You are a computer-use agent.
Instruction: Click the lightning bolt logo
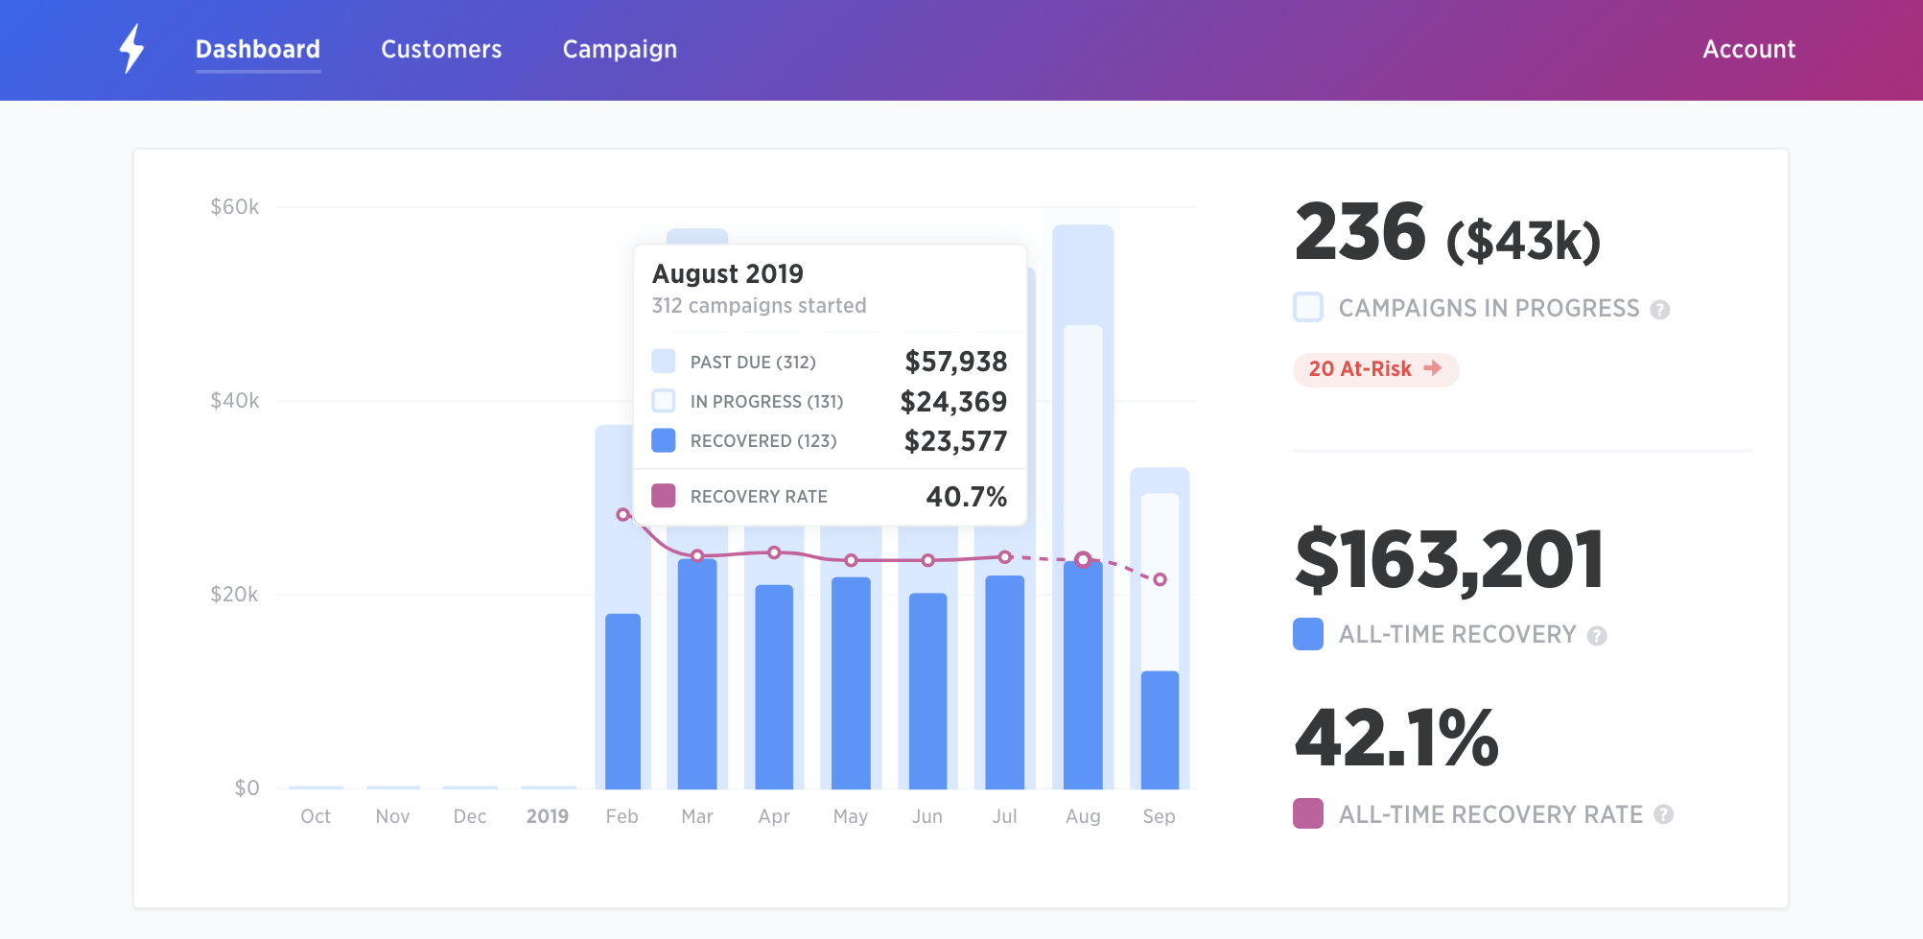pyautogui.click(x=131, y=48)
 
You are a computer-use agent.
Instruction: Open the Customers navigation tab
pyautogui.click(x=441, y=49)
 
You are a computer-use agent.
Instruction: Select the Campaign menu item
pyautogui.click(x=620, y=49)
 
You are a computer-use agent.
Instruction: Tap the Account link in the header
pyautogui.click(x=1748, y=49)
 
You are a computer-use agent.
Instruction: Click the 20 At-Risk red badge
pyautogui.click(x=1374, y=369)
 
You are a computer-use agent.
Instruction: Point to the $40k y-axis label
pyautogui.click(x=234, y=400)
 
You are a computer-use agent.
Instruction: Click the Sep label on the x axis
pyautogui.click(x=1159, y=816)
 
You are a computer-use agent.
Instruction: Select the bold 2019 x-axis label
pyautogui.click(x=547, y=816)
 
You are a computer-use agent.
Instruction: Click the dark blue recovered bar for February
pyautogui.click(x=622, y=700)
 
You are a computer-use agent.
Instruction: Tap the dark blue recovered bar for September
pyautogui.click(x=1160, y=729)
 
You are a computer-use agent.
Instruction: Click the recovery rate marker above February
pyautogui.click(x=623, y=515)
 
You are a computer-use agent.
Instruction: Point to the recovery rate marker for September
pyautogui.click(x=1160, y=579)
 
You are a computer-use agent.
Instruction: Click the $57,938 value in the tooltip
pyautogui.click(x=955, y=362)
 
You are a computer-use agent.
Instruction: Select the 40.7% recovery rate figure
pyautogui.click(x=966, y=497)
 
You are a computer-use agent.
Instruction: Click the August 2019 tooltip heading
pyautogui.click(x=728, y=274)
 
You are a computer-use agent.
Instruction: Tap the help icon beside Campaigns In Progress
pyautogui.click(x=1660, y=310)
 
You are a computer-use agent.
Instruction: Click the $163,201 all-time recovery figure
pyautogui.click(x=1448, y=560)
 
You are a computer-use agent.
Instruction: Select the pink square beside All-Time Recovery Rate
pyautogui.click(x=1308, y=813)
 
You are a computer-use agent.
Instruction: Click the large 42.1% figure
pyautogui.click(x=1396, y=739)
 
